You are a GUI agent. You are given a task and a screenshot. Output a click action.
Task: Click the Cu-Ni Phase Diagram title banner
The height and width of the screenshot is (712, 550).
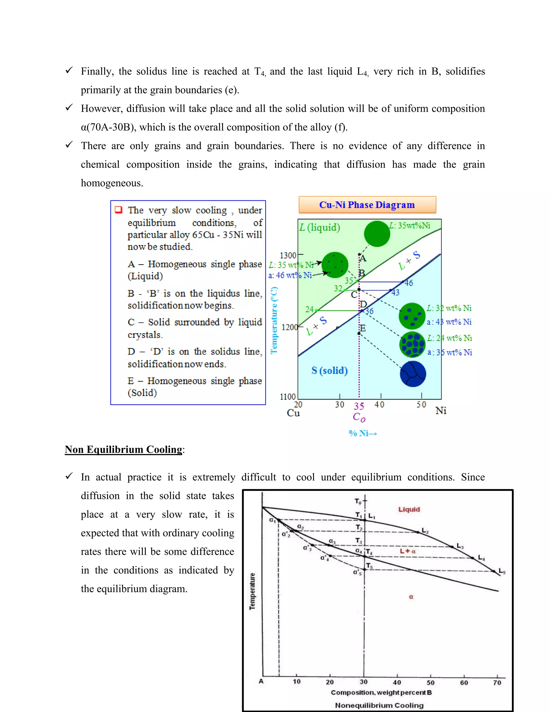367,205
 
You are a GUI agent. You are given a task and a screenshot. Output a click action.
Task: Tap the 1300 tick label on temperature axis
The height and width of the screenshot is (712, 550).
288,255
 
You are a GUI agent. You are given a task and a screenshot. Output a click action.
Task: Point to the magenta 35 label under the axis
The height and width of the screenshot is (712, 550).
359,406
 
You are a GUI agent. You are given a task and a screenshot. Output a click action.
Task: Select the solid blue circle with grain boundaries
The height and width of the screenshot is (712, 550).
413,374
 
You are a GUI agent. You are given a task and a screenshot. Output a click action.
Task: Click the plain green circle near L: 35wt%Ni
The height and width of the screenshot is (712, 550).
377,234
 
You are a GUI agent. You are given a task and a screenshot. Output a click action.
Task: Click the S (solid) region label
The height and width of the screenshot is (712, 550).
330,371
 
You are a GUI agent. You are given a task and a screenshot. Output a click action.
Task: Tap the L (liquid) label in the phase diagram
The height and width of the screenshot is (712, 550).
320,227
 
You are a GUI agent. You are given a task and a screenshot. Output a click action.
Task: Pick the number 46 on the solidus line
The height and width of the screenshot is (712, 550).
408,283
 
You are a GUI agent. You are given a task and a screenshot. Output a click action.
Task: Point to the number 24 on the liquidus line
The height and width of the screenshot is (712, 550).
309,309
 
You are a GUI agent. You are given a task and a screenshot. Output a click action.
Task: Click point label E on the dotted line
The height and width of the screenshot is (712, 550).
363,328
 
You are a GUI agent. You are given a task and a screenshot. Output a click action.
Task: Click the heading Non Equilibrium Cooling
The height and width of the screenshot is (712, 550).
124,450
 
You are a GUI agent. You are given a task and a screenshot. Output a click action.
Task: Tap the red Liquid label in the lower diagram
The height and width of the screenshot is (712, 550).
409,509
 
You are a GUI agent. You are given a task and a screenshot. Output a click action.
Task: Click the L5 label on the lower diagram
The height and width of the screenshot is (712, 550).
502,571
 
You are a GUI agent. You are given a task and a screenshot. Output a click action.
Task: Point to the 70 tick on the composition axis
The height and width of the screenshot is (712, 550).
497,683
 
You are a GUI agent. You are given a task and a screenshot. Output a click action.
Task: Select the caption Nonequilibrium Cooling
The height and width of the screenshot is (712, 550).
379,706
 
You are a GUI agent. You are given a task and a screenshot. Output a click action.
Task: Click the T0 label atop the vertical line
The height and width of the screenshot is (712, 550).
358,501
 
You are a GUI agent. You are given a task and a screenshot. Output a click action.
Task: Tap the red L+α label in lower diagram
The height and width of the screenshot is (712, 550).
408,551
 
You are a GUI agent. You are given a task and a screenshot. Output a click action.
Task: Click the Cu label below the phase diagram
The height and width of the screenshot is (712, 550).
293,413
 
